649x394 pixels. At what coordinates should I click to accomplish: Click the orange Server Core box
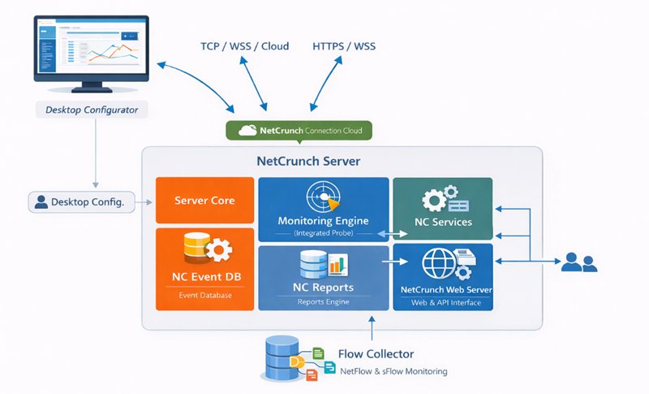pyautogui.click(x=204, y=201)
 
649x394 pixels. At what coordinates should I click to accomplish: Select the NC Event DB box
pyautogui.click(x=204, y=269)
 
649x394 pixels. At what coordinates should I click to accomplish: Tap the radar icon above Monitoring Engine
pyautogui.click(x=322, y=197)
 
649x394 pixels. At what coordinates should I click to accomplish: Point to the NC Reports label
pyautogui.click(x=323, y=288)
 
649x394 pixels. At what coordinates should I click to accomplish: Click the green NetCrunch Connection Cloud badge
pyautogui.click(x=299, y=130)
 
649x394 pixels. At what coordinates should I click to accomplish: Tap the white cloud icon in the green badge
pyautogui.click(x=247, y=130)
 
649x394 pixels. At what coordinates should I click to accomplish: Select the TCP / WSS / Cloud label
pyautogui.click(x=244, y=46)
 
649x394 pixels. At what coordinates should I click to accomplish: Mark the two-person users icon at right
pyautogui.click(x=580, y=262)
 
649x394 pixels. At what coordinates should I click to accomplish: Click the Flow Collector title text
pyautogui.click(x=376, y=354)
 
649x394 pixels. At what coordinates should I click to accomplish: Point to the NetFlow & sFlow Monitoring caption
pyautogui.click(x=393, y=371)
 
